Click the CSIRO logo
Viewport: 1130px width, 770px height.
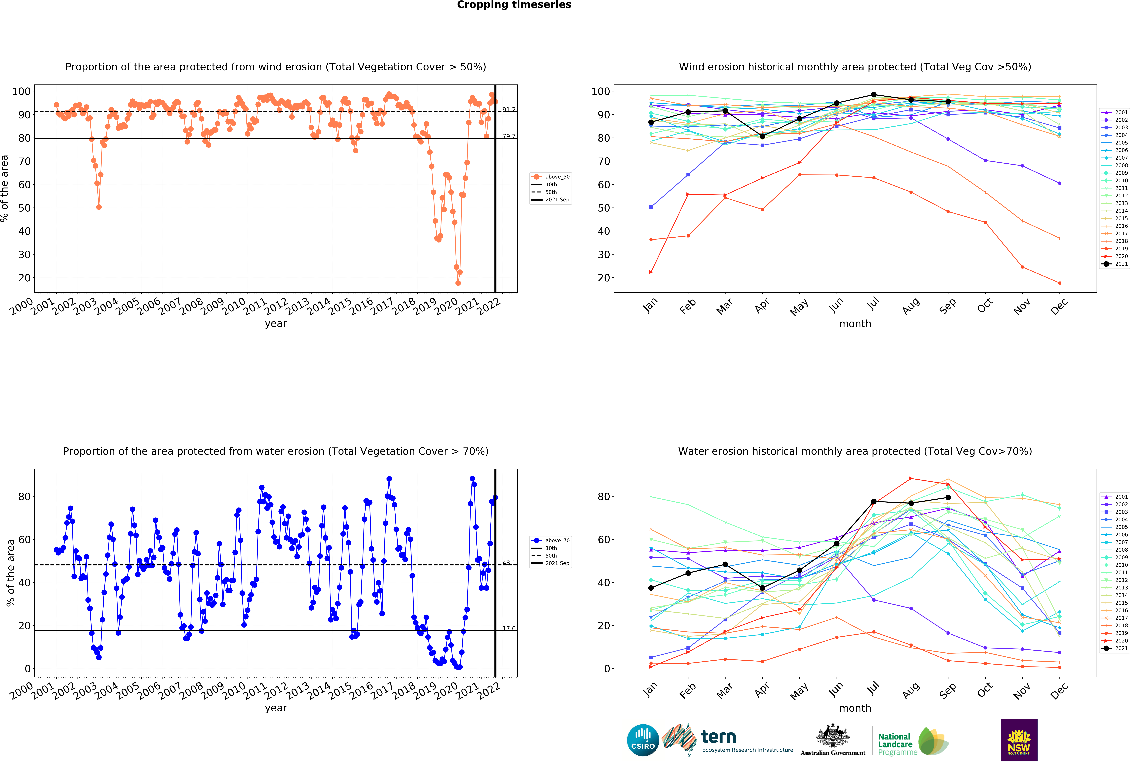point(643,740)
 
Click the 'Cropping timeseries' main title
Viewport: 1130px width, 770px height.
point(514,5)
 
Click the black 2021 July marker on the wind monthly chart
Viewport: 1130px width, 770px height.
point(874,95)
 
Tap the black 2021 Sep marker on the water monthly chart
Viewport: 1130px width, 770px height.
point(948,497)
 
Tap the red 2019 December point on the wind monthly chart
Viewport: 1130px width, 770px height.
point(1059,283)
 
